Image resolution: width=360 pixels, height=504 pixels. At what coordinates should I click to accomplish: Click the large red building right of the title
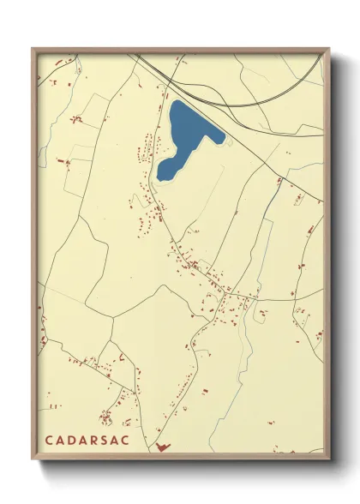pos(163,446)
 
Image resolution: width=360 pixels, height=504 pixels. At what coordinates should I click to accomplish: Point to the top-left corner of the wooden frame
pos(33,49)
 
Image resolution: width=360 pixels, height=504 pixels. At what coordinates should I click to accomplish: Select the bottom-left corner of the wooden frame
pos(33,459)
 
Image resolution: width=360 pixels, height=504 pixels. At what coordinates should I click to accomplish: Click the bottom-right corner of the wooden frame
pos(327,459)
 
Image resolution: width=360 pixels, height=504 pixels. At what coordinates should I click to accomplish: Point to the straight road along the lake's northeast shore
pos(231,129)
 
